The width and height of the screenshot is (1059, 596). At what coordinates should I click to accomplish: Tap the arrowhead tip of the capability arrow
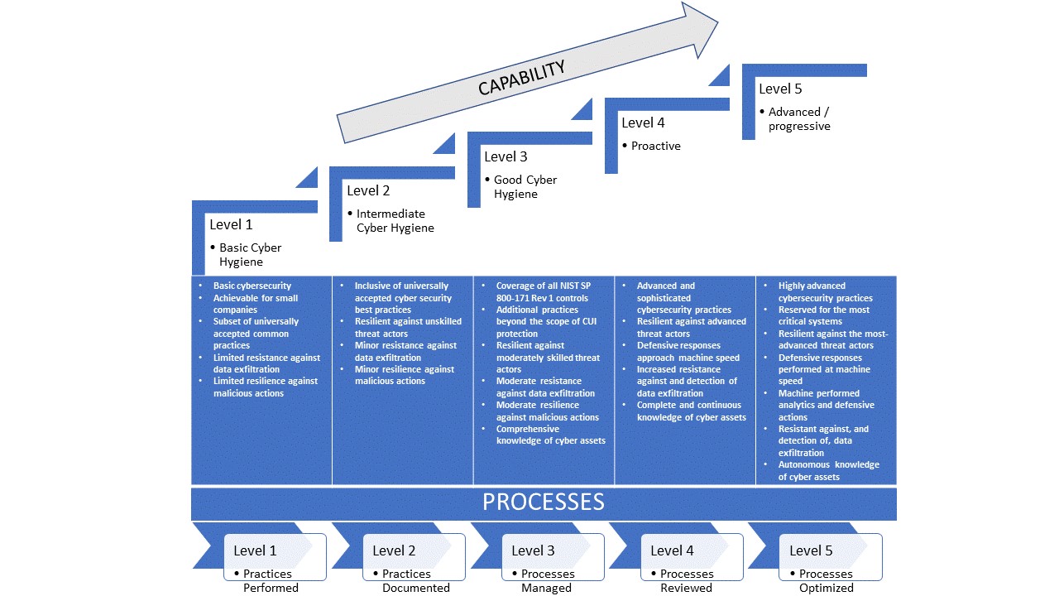[x=716, y=23]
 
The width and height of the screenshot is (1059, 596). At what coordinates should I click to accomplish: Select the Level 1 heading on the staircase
[x=231, y=224]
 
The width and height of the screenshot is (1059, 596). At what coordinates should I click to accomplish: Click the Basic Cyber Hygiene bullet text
[x=250, y=255]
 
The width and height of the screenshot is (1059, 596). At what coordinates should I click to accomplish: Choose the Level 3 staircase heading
[x=506, y=156]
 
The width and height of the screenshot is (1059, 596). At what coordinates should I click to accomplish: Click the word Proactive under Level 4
[x=655, y=146]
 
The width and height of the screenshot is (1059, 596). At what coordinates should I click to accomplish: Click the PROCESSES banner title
[x=544, y=502]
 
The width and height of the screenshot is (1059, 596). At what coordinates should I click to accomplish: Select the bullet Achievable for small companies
[x=255, y=304]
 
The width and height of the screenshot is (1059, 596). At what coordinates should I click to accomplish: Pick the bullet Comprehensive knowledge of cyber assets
[x=550, y=435]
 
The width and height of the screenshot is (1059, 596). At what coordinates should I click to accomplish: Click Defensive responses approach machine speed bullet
[x=678, y=351]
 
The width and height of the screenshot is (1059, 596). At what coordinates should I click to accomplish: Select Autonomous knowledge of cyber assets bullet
[x=828, y=470]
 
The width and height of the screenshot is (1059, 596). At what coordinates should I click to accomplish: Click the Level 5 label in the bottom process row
[x=811, y=550]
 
